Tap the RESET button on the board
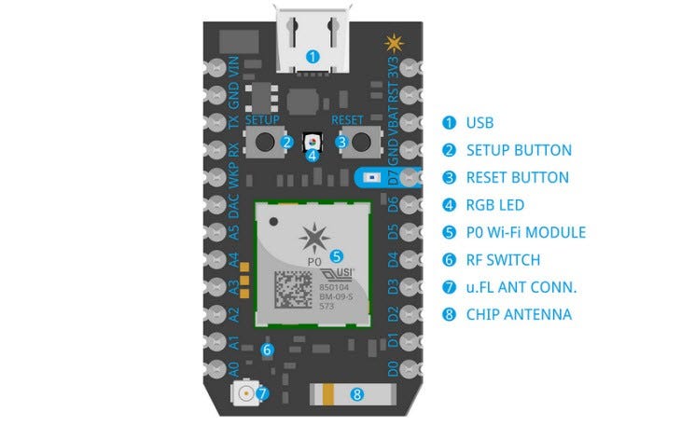point(365,143)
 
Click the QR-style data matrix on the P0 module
point(295,284)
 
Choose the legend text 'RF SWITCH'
point(505,260)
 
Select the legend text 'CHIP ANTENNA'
point(519,314)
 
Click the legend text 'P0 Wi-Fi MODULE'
point(526,232)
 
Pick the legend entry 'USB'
point(479,122)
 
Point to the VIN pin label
point(235,69)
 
